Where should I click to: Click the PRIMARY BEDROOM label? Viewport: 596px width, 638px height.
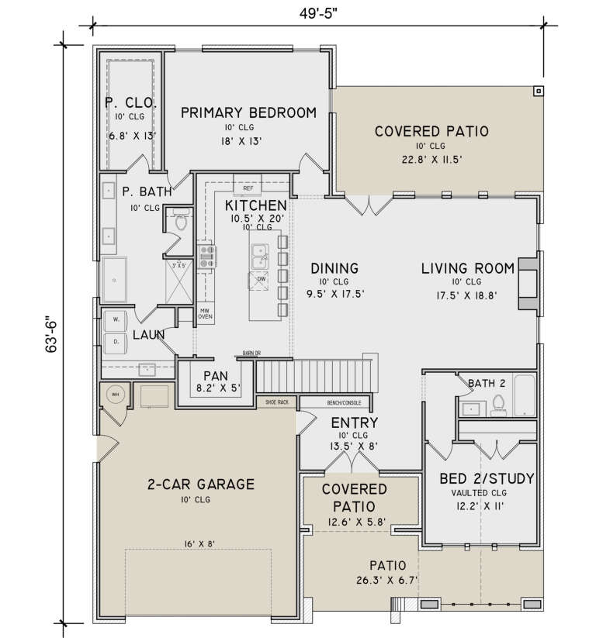[x=249, y=113]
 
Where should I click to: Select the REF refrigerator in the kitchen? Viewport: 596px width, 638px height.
[x=248, y=188]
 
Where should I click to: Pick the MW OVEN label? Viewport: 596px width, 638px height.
[x=206, y=312]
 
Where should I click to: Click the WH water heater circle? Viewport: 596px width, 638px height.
[x=114, y=394]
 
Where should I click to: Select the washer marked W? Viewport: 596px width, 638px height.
[x=116, y=319]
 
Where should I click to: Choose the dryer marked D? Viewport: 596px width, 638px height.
[x=116, y=341]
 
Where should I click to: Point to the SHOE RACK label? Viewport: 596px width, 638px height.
[x=277, y=402]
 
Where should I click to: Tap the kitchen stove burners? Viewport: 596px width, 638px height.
[x=207, y=256]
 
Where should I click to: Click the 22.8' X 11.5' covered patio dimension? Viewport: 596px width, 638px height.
[x=431, y=160]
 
